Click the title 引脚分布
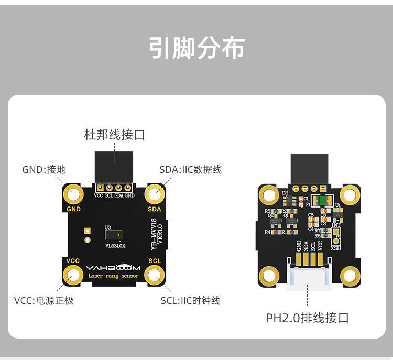(x=196, y=48)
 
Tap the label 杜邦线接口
(x=114, y=135)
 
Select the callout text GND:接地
(x=44, y=169)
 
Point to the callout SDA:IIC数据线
(x=190, y=169)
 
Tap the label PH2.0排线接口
(x=307, y=318)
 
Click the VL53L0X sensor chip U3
(x=114, y=235)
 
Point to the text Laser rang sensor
(x=114, y=276)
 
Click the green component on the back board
(x=320, y=200)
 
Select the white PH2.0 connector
(x=309, y=278)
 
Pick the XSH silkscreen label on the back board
(x=335, y=248)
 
